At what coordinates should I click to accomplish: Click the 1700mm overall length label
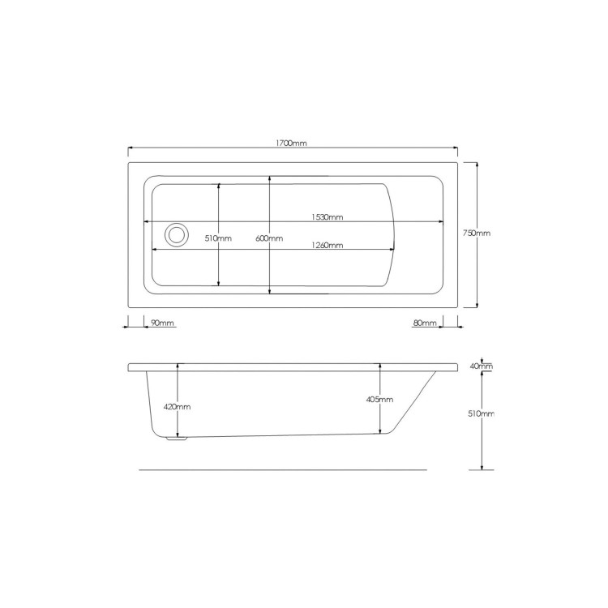coord(292,143)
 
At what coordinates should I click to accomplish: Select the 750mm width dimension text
coord(476,233)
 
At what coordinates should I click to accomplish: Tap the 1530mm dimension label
coord(328,216)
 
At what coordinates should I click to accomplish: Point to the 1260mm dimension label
coord(327,245)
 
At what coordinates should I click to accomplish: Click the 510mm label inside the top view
coord(219,238)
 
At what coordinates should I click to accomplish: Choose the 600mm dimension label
coord(269,238)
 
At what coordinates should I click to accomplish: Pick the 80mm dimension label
coord(424,323)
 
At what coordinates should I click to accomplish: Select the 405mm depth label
coord(380,400)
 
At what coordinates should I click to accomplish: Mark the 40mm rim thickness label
coord(483,366)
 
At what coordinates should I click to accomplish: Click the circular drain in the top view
coord(176,235)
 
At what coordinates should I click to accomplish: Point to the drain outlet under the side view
coord(175,440)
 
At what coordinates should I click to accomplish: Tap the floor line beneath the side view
coord(284,469)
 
